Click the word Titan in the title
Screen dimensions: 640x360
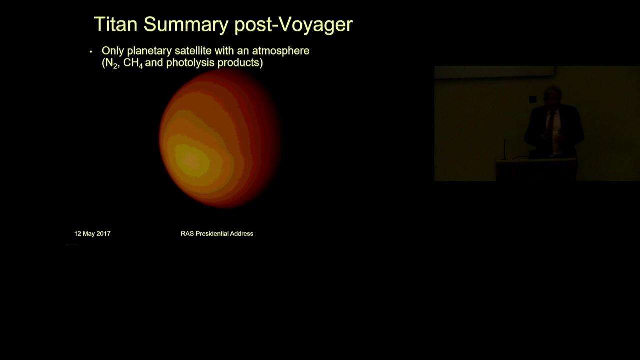click(116, 24)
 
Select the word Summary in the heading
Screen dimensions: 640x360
click(186, 25)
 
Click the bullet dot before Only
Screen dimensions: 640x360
click(91, 52)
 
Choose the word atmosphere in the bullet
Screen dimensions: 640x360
click(281, 51)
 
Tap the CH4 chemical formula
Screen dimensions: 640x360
click(133, 63)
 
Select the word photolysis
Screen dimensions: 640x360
click(190, 63)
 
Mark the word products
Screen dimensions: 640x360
click(238, 63)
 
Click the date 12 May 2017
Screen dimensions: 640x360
click(92, 234)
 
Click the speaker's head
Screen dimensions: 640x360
click(553, 95)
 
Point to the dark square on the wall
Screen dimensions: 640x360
click(533, 99)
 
